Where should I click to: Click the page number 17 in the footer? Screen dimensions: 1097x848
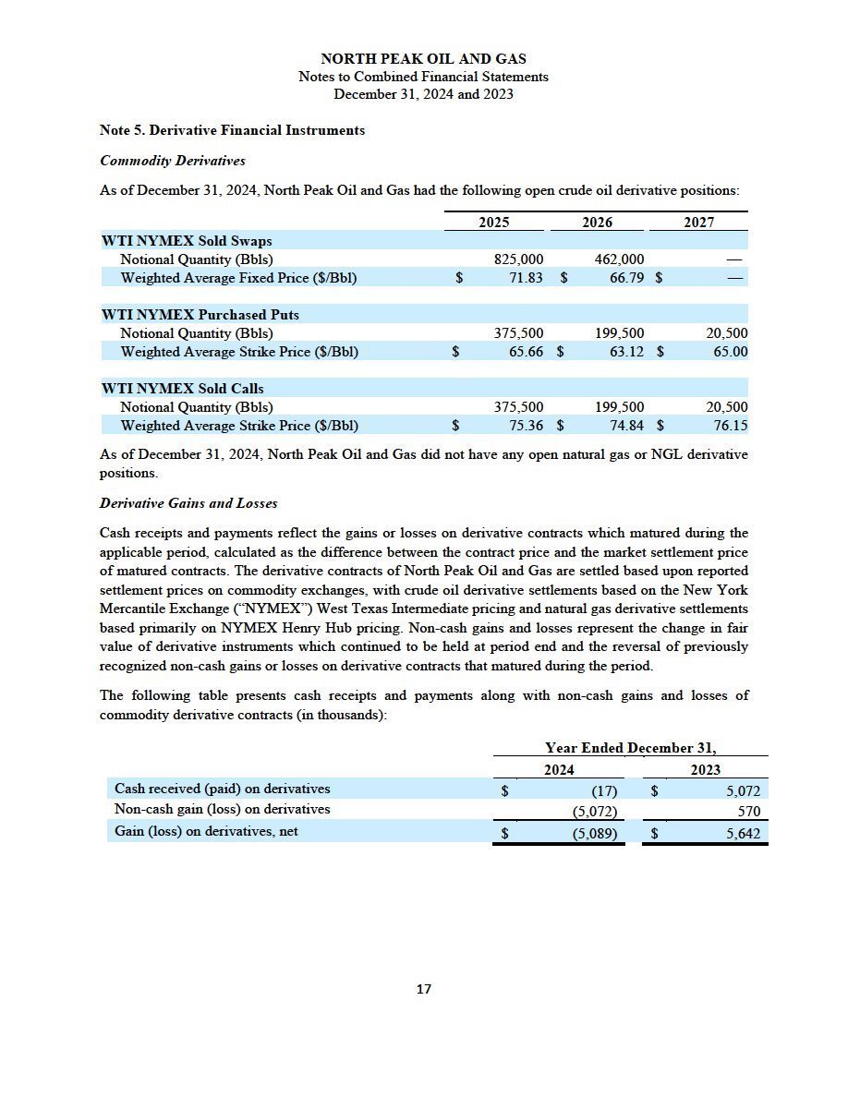coord(424,989)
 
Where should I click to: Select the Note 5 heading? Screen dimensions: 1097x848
coord(232,130)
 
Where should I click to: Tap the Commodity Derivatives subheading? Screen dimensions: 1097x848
coord(173,161)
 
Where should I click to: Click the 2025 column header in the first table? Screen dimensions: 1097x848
coord(494,223)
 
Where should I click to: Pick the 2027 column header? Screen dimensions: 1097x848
coord(699,223)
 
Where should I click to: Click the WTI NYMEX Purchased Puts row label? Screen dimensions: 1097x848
coord(200,315)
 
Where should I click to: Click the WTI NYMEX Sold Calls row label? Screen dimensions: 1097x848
coord(183,389)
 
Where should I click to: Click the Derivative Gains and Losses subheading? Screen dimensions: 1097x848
coord(188,503)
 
